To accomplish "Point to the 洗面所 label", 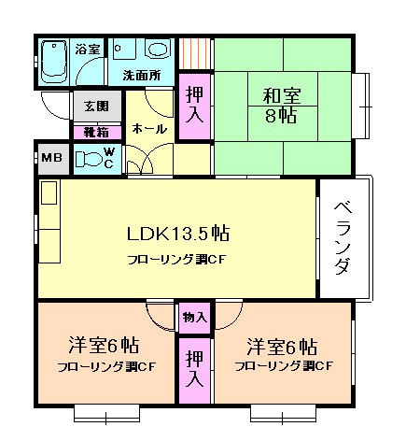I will [x=141, y=75].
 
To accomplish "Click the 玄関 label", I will [x=95, y=106].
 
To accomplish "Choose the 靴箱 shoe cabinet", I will [x=95, y=132].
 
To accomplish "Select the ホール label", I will [x=150, y=127].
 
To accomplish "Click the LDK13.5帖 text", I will [x=179, y=233].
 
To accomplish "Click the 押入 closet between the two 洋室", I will [x=195, y=369].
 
